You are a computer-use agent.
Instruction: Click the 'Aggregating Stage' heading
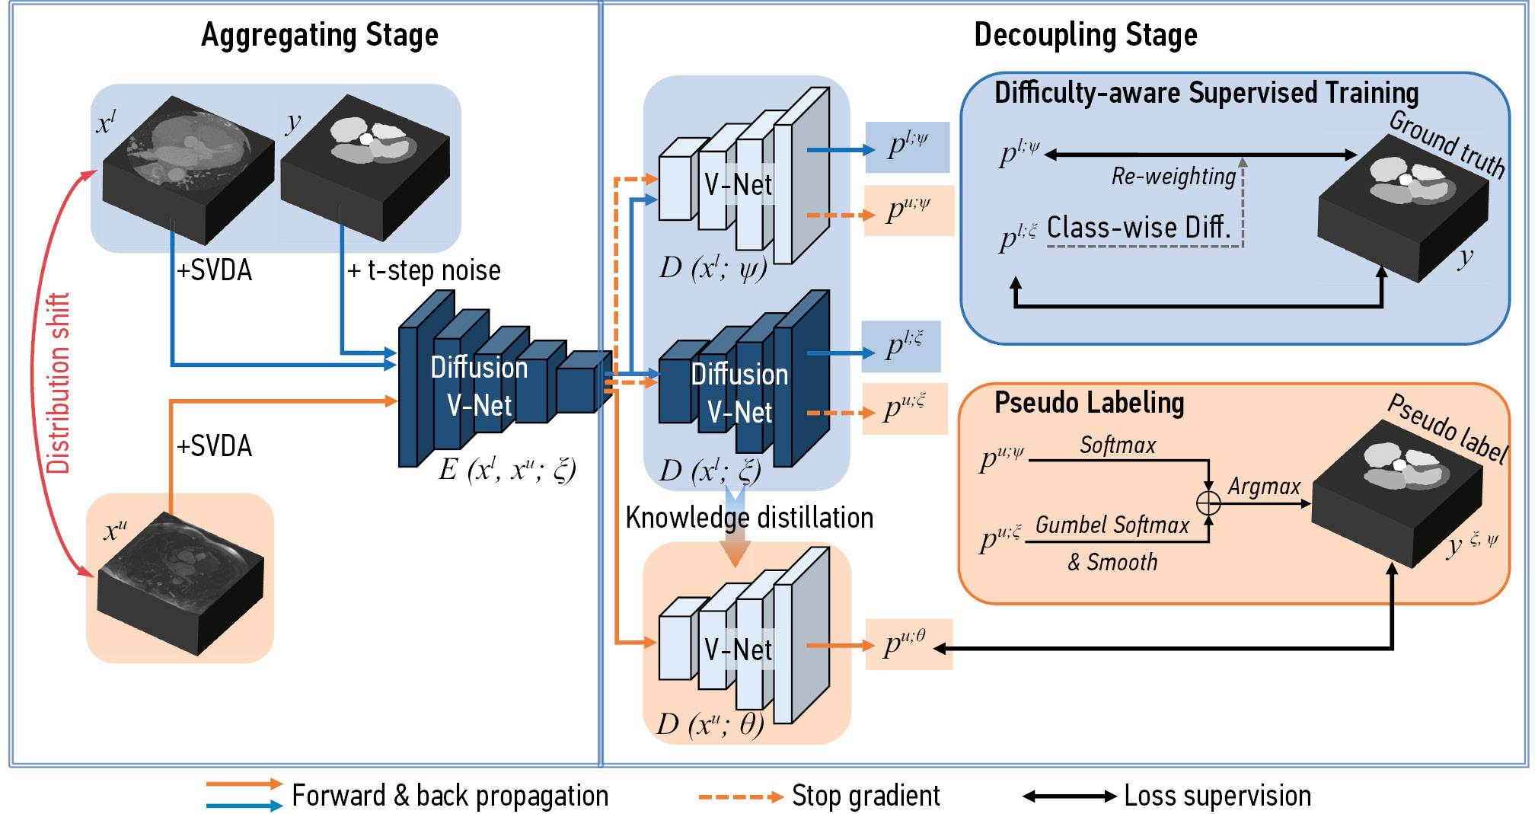(320, 35)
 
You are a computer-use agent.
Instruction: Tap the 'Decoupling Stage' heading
(1085, 35)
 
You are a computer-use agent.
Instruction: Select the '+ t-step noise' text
(424, 270)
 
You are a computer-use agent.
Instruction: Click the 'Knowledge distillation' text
(749, 518)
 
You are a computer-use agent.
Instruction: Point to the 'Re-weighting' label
(1173, 177)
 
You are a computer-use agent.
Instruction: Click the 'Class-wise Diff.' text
(1138, 227)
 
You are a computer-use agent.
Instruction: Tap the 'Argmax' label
(1264, 487)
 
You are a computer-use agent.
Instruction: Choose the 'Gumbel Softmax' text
(1112, 525)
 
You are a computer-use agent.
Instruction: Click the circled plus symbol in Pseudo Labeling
(1208, 503)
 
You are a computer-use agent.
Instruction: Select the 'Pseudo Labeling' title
(1089, 403)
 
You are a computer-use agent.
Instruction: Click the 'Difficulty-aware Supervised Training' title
(1206, 93)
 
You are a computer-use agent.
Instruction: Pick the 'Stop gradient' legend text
(866, 796)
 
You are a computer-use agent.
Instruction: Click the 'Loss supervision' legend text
(1217, 796)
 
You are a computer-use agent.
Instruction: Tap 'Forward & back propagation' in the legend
(450, 796)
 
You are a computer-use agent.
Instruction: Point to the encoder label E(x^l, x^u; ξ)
(507, 470)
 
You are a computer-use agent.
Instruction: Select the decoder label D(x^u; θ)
(710, 724)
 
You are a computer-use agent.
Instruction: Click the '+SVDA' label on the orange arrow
(214, 446)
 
